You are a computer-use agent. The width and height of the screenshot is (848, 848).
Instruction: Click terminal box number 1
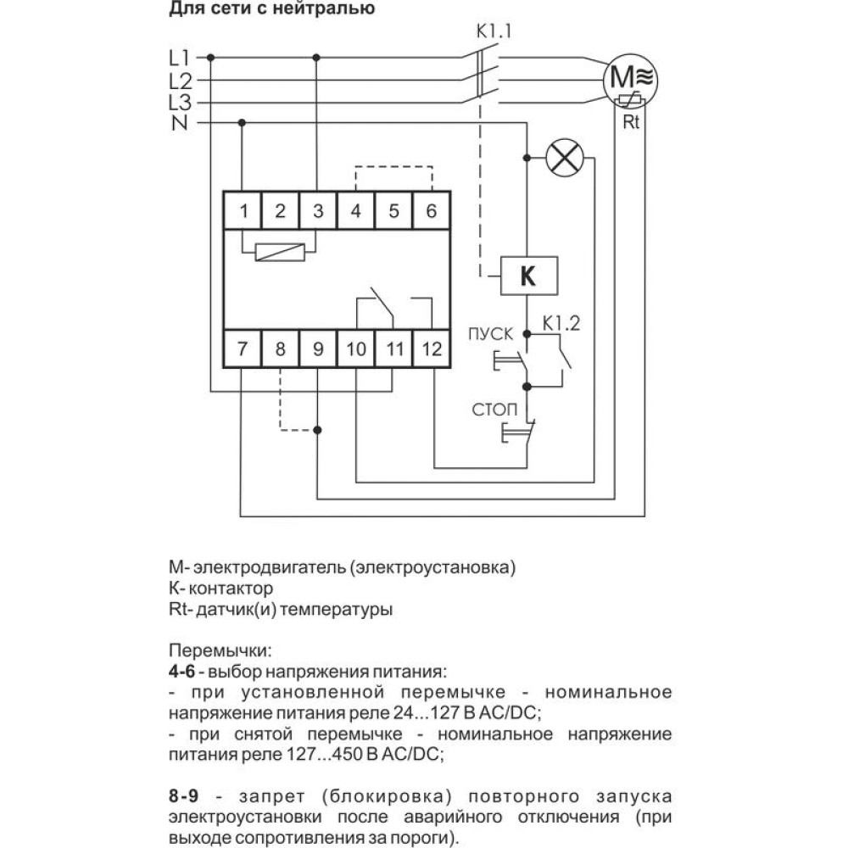click(x=243, y=210)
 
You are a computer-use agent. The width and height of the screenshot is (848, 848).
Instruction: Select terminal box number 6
click(x=431, y=210)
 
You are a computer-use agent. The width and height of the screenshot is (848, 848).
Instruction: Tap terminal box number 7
click(x=243, y=349)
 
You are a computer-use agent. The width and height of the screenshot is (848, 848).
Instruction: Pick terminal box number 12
click(x=431, y=349)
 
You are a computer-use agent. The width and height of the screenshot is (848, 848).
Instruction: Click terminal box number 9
click(x=318, y=349)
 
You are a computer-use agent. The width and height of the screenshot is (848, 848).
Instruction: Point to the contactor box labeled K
click(x=528, y=276)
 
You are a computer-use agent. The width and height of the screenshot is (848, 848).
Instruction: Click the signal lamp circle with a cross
click(x=565, y=158)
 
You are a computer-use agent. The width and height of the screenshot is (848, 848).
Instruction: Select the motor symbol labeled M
click(x=631, y=80)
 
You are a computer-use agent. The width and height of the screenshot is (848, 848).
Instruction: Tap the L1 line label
click(x=179, y=58)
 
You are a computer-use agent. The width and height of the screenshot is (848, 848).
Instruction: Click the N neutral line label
click(x=180, y=123)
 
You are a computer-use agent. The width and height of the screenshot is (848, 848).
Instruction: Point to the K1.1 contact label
click(x=494, y=31)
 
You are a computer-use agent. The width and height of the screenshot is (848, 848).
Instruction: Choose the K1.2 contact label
click(x=561, y=323)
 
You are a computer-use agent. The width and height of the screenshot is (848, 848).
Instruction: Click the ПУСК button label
click(x=490, y=333)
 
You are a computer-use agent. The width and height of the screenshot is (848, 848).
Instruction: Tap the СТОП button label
click(x=494, y=410)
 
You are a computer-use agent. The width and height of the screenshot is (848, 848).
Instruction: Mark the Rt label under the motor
click(x=631, y=122)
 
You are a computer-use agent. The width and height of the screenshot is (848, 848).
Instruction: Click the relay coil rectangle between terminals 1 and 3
click(x=280, y=252)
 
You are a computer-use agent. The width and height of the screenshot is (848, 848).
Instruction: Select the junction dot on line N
click(x=242, y=123)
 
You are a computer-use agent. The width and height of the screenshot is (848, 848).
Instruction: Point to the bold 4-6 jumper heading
click(x=181, y=671)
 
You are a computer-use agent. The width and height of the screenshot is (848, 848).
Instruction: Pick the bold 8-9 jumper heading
click(x=184, y=796)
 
